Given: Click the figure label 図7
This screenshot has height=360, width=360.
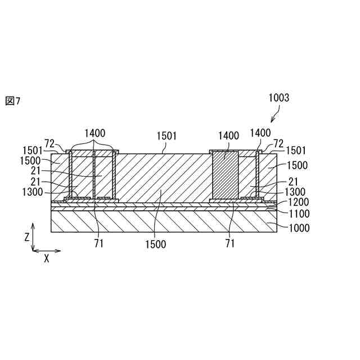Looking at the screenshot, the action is click(12, 101).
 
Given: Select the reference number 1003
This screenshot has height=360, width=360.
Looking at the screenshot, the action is click(278, 97).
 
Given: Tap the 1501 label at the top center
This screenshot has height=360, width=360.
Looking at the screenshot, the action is click(166, 136).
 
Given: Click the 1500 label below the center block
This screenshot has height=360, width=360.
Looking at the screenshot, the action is click(155, 244).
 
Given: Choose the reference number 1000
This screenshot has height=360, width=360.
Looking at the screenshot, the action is click(299, 228).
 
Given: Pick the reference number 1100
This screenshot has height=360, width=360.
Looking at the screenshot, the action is click(299, 214).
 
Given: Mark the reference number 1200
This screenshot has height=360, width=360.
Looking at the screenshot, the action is click(299, 202).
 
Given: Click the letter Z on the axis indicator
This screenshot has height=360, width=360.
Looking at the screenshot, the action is click(26, 238).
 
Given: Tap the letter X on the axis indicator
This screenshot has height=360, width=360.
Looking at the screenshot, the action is click(47, 259).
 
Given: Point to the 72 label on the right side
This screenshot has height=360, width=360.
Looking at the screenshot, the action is click(278, 143).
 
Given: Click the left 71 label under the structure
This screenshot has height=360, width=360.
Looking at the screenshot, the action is click(99, 244).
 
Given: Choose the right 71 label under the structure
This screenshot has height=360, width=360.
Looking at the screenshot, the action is click(230, 244).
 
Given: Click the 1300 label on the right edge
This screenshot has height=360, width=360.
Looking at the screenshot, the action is click(295, 192).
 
